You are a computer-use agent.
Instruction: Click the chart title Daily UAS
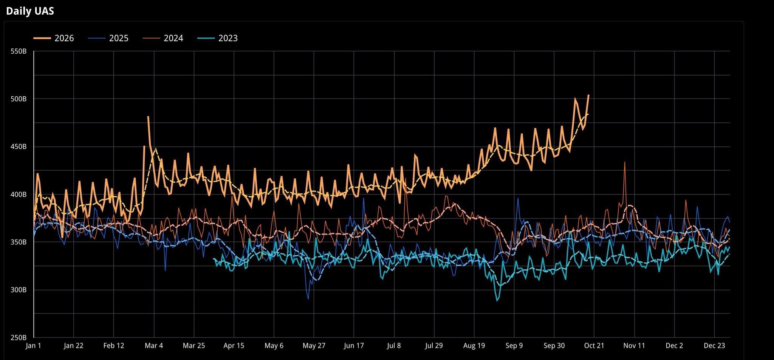point(30,11)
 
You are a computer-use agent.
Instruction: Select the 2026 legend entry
point(54,38)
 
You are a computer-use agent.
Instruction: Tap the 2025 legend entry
point(108,38)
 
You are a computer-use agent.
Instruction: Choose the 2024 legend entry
point(163,38)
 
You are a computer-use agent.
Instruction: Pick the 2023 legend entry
point(218,38)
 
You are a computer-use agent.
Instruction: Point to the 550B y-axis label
point(19,51)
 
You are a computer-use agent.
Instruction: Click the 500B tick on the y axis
point(19,99)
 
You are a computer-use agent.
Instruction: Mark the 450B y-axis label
point(19,147)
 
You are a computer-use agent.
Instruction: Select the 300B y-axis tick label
point(19,290)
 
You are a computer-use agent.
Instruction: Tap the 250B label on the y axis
point(19,338)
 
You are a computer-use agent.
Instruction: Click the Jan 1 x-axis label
point(33,346)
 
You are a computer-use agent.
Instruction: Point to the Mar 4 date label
point(154,346)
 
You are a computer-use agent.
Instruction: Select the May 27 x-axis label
point(314,346)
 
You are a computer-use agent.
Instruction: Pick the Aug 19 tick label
point(474,346)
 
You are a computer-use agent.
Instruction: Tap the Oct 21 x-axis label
point(594,346)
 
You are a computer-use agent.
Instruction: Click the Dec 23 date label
point(714,346)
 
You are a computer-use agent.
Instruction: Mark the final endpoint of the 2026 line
point(588,95)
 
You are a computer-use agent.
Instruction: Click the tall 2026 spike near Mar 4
point(148,117)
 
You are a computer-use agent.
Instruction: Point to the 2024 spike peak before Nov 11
point(625,162)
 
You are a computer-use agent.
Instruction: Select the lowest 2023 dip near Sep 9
point(497,301)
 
